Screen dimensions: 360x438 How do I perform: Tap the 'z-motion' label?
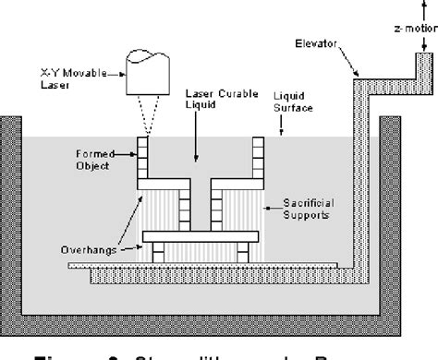pyautogui.click(x=411, y=30)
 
